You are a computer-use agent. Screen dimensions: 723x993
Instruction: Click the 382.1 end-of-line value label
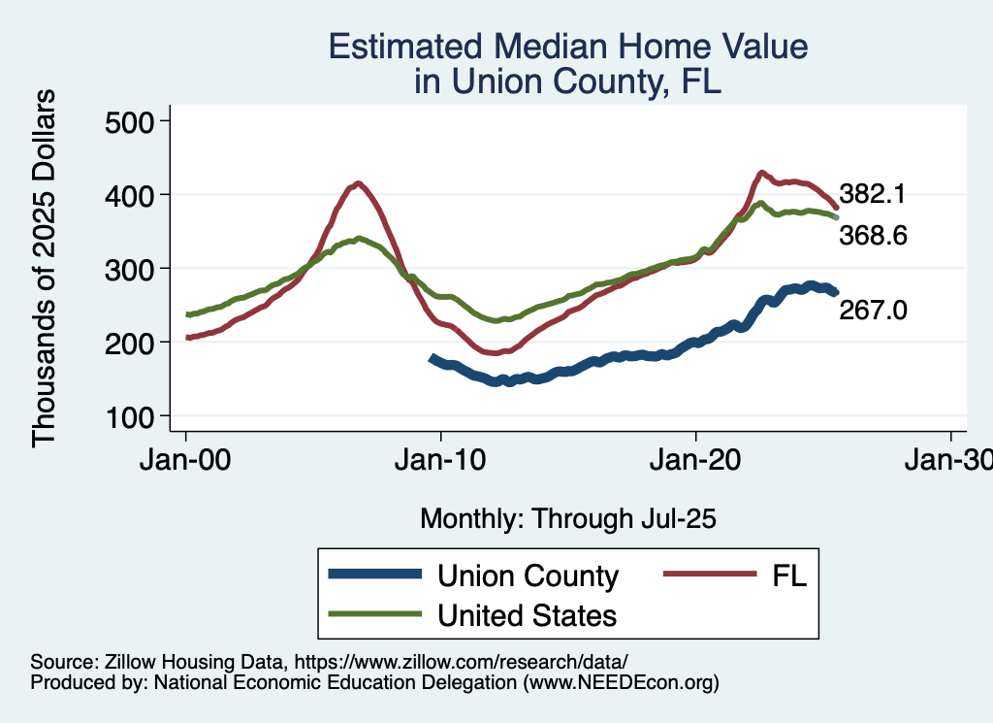point(873,194)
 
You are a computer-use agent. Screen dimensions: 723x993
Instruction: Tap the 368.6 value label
point(873,236)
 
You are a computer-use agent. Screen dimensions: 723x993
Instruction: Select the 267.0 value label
point(874,310)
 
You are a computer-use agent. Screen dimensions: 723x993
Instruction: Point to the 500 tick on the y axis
point(136,121)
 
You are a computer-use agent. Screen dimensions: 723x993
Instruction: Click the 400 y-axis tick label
point(136,195)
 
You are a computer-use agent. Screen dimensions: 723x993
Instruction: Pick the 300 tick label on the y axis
point(136,269)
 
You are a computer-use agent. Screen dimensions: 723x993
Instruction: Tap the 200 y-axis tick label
point(136,343)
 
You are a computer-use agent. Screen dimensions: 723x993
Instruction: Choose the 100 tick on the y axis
point(136,416)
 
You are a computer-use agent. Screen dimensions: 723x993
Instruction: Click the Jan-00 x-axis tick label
point(186,459)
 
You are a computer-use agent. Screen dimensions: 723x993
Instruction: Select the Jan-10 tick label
point(441,459)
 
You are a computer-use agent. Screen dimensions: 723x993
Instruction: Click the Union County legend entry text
point(528,575)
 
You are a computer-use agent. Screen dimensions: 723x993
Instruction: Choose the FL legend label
point(789,575)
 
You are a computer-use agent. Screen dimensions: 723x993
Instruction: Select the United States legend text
point(527,614)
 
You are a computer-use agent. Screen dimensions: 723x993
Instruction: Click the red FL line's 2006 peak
point(359,182)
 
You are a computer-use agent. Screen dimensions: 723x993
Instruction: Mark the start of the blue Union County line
point(432,357)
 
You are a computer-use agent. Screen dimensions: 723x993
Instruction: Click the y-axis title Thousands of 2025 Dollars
point(45,267)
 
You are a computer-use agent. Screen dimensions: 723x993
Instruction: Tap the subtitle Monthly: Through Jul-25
point(567,518)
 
